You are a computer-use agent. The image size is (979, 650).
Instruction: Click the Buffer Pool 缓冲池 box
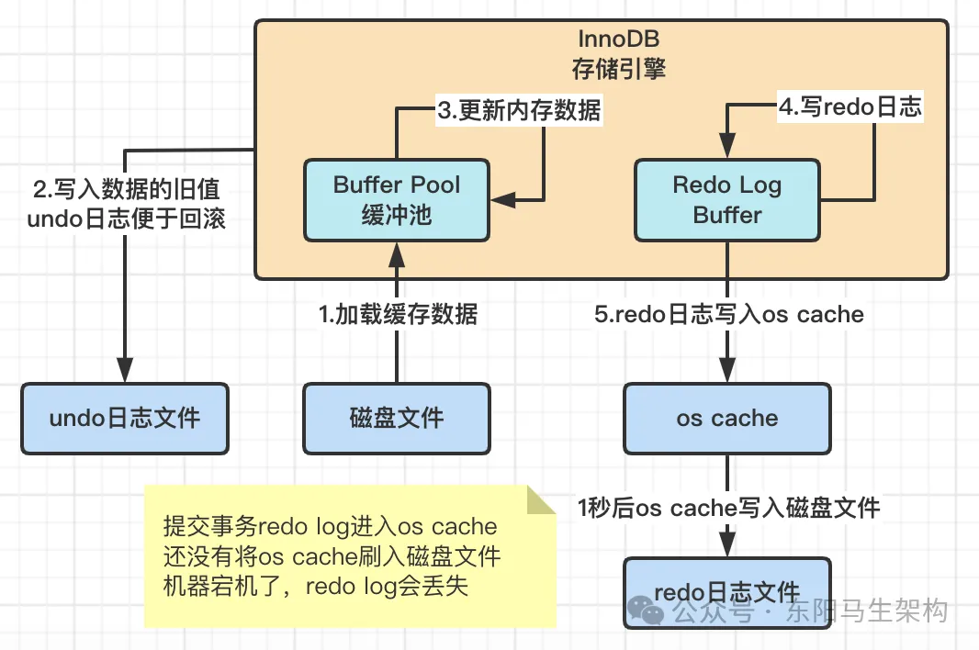coord(397,200)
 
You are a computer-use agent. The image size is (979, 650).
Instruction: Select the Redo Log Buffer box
coord(726,200)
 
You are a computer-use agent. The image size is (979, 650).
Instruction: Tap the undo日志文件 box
coord(125,418)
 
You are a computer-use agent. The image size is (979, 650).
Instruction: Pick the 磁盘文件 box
coord(397,418)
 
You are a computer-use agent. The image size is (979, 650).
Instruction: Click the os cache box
coord(726,418)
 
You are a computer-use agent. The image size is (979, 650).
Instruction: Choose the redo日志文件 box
coord(726,592)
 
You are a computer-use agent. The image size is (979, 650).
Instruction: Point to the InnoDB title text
coord(618,40)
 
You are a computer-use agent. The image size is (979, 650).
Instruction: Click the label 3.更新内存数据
coord(519,111)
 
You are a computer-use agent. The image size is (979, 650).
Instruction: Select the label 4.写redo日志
coord(850,106)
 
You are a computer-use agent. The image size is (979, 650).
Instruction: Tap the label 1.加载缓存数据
coord(398,314)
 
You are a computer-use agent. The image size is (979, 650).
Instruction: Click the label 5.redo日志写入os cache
coord(729,314)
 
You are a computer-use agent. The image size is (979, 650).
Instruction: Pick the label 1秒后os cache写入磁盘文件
coord(728,507)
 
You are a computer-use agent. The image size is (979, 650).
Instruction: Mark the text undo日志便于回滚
coord(124,220)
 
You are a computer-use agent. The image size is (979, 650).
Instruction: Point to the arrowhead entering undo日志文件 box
coord(125,373)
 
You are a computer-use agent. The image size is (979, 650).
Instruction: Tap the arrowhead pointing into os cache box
coord(727,373)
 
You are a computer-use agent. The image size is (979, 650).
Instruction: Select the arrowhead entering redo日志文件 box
coord(727,547)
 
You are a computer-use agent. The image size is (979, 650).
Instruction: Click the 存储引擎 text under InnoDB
coord(618,68)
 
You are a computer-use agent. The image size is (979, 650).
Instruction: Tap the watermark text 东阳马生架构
coord(866,611)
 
